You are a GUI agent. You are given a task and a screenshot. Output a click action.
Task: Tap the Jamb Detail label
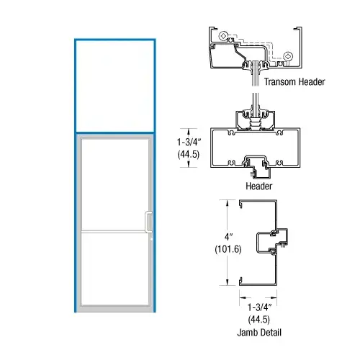[259, 333]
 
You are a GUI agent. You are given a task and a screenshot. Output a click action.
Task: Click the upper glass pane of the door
[115, 184]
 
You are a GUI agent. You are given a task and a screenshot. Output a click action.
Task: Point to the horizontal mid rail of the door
[115, 230]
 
